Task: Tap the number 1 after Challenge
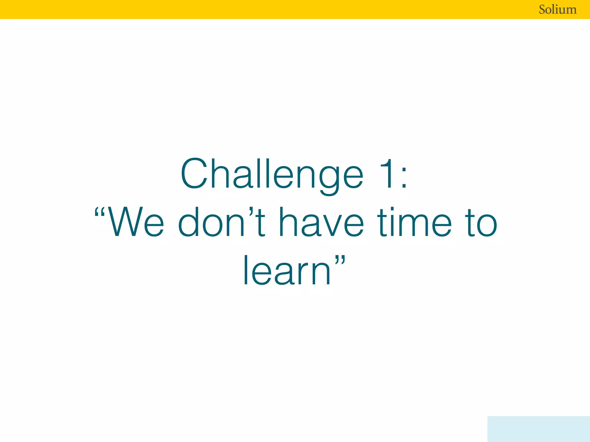point(387,174)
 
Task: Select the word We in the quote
point(135,222)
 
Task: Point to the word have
point(322,222)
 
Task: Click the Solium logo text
point(557,9)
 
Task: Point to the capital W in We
point(125,222)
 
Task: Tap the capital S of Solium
point(543,9)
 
